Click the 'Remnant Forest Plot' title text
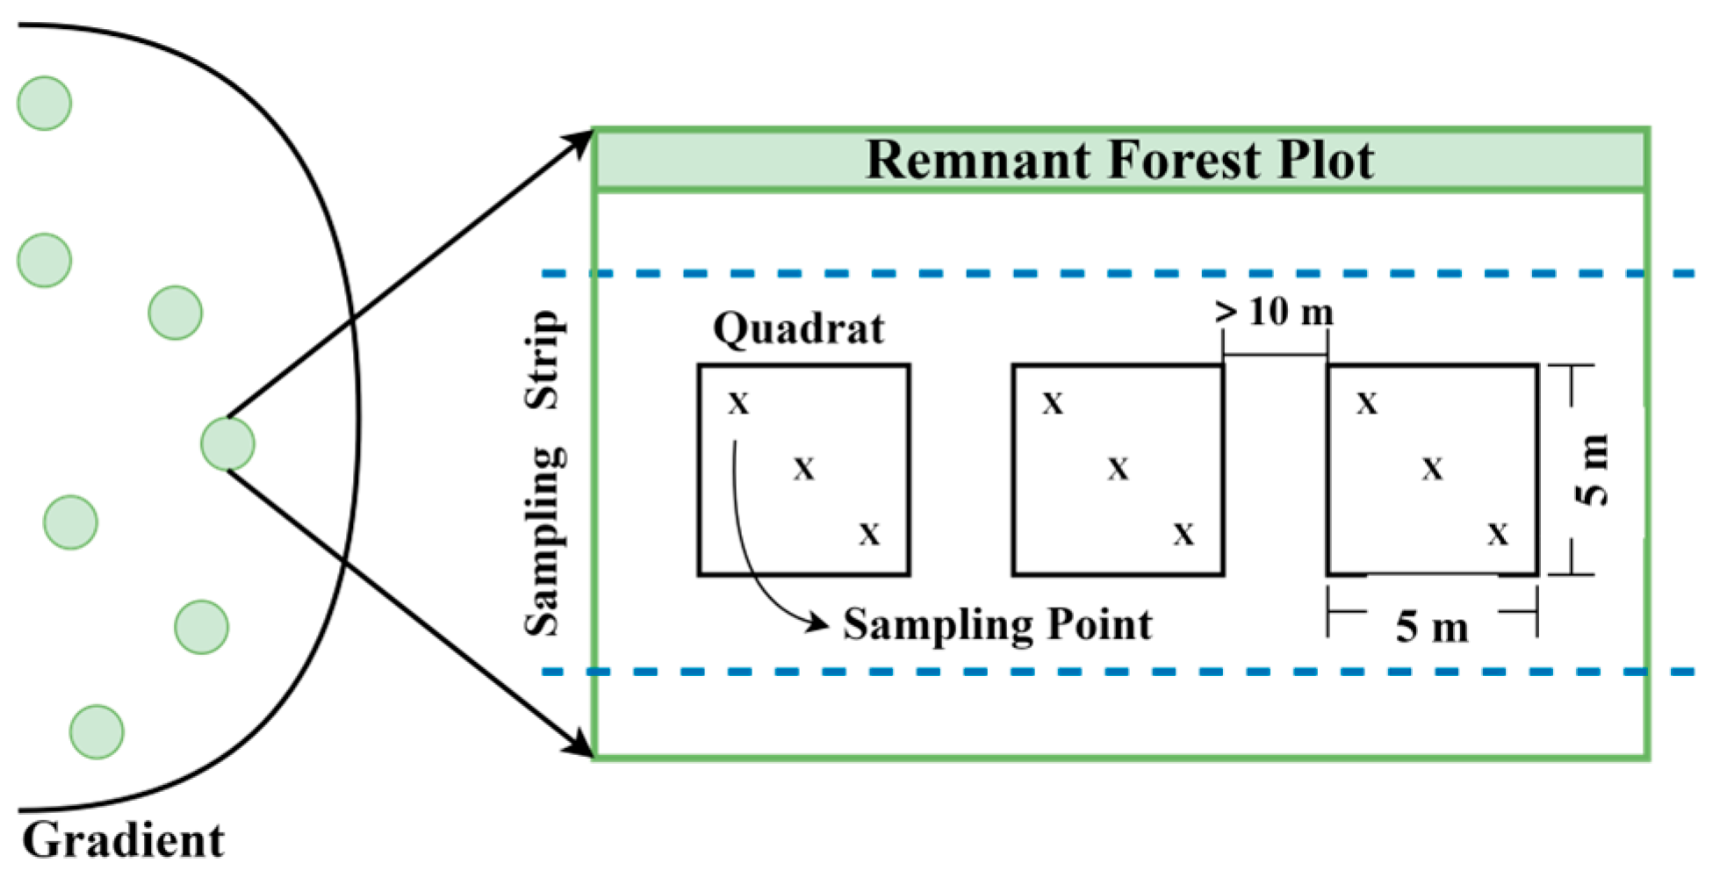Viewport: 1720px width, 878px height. (1119, 160)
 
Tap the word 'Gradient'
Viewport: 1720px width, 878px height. (123, 840)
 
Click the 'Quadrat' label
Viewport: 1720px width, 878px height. (798, 329)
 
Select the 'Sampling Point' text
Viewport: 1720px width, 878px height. (997, 624)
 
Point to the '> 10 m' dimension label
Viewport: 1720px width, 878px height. (1274, 312)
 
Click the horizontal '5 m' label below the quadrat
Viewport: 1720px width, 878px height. (1432, 627)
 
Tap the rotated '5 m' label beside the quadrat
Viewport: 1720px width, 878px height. (1593, 470)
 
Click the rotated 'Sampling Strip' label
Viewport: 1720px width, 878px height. (543, 472)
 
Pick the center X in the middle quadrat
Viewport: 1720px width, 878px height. (1118, 469)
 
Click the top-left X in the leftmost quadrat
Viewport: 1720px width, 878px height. (738, 404)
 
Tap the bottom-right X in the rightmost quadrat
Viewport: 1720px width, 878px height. (1498, 534)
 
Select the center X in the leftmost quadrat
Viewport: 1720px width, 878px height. (803, 469)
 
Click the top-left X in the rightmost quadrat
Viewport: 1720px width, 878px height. (1367, 404)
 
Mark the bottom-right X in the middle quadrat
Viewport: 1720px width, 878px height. (1184, 534)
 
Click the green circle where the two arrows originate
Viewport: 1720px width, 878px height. (227, 443)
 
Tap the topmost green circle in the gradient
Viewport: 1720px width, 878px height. (44, 103)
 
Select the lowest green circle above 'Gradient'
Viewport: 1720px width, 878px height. (97, 731)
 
